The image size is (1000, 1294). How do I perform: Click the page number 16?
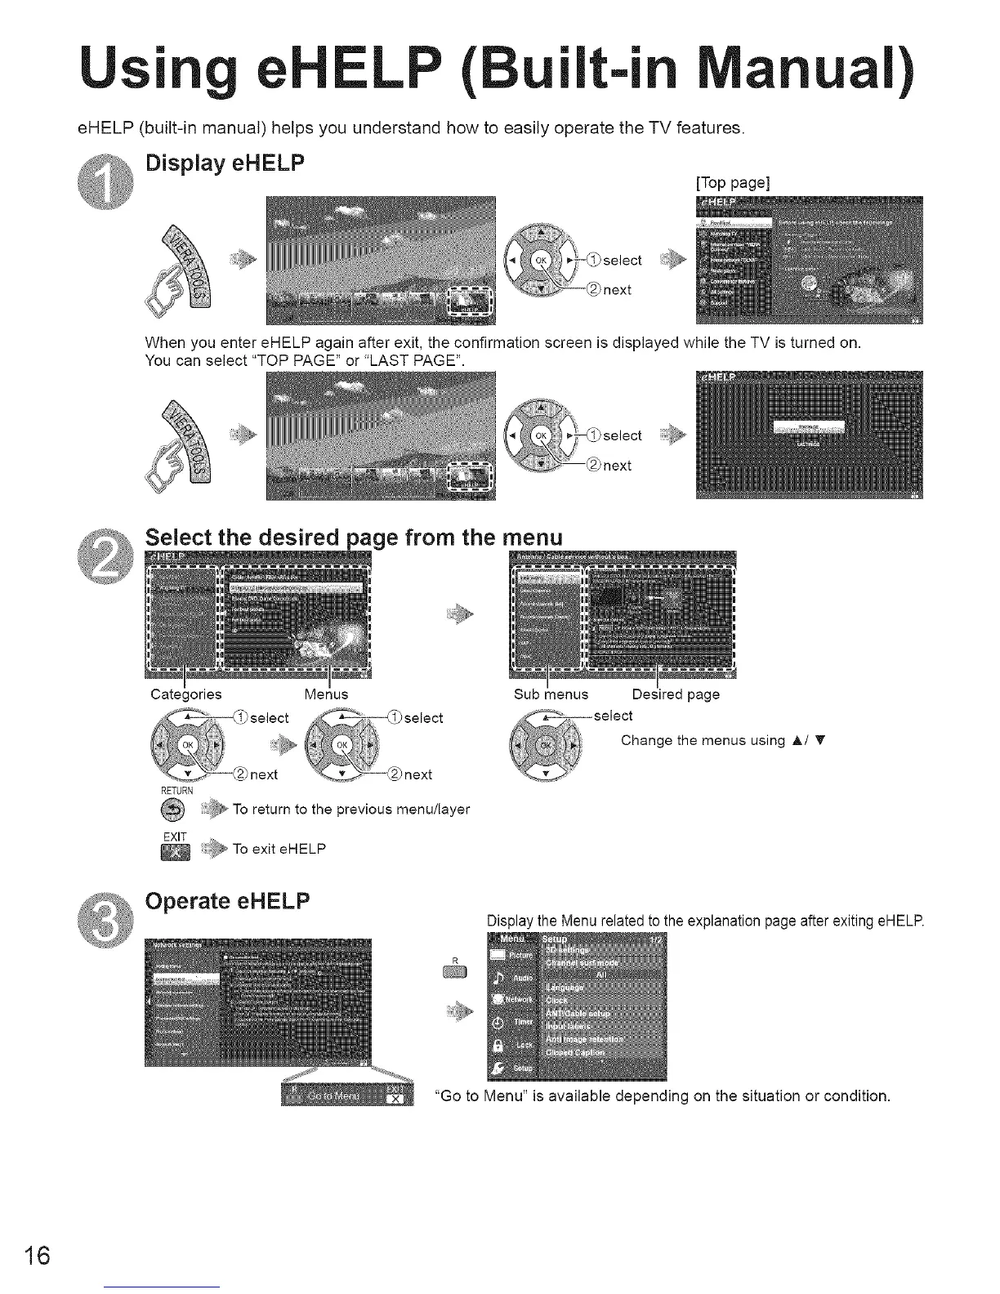click(38, 1255)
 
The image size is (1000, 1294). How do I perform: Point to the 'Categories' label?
click(186, 694)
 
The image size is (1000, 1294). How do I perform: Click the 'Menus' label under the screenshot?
click(326, 694)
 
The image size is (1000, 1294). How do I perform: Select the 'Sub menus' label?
click(551, 694)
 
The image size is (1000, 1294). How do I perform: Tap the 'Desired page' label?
click(676, 694)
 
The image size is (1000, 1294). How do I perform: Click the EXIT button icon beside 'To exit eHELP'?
click(176, 851)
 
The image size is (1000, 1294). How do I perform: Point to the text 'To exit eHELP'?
click(279, 849)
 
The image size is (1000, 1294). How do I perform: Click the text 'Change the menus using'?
click(703, 740)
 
